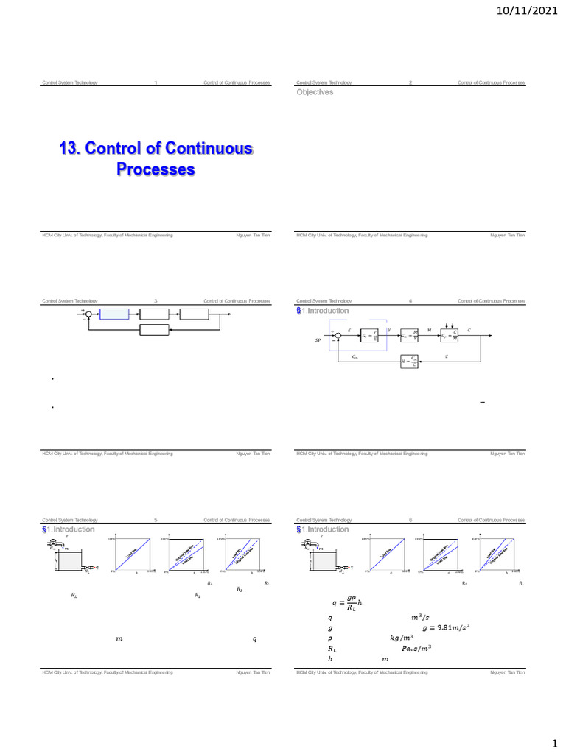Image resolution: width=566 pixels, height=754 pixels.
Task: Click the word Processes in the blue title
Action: coord(156,169)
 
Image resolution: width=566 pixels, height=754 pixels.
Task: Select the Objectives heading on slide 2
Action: coord(315,93)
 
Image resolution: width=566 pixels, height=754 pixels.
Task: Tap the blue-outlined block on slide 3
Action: coord(114,314)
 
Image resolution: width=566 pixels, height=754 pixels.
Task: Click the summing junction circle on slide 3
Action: coord(88,314)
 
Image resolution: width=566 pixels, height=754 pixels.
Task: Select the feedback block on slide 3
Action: coord(154,329)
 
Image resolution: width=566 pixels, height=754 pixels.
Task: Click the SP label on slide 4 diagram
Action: coord(318,341)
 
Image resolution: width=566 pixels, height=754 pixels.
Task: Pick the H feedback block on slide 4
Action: coord(409,361)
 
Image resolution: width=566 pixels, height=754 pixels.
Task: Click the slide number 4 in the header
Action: coord(410,301)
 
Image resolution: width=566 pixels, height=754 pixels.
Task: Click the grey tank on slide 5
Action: coord(70,562)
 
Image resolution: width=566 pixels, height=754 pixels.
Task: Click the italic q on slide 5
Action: coord(255,639)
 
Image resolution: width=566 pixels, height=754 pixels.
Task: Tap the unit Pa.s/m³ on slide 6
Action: coord(417,649)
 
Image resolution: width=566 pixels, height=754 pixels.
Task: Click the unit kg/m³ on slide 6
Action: coord(402,638)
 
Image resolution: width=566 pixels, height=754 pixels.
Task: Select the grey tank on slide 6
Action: coord(324,562)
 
